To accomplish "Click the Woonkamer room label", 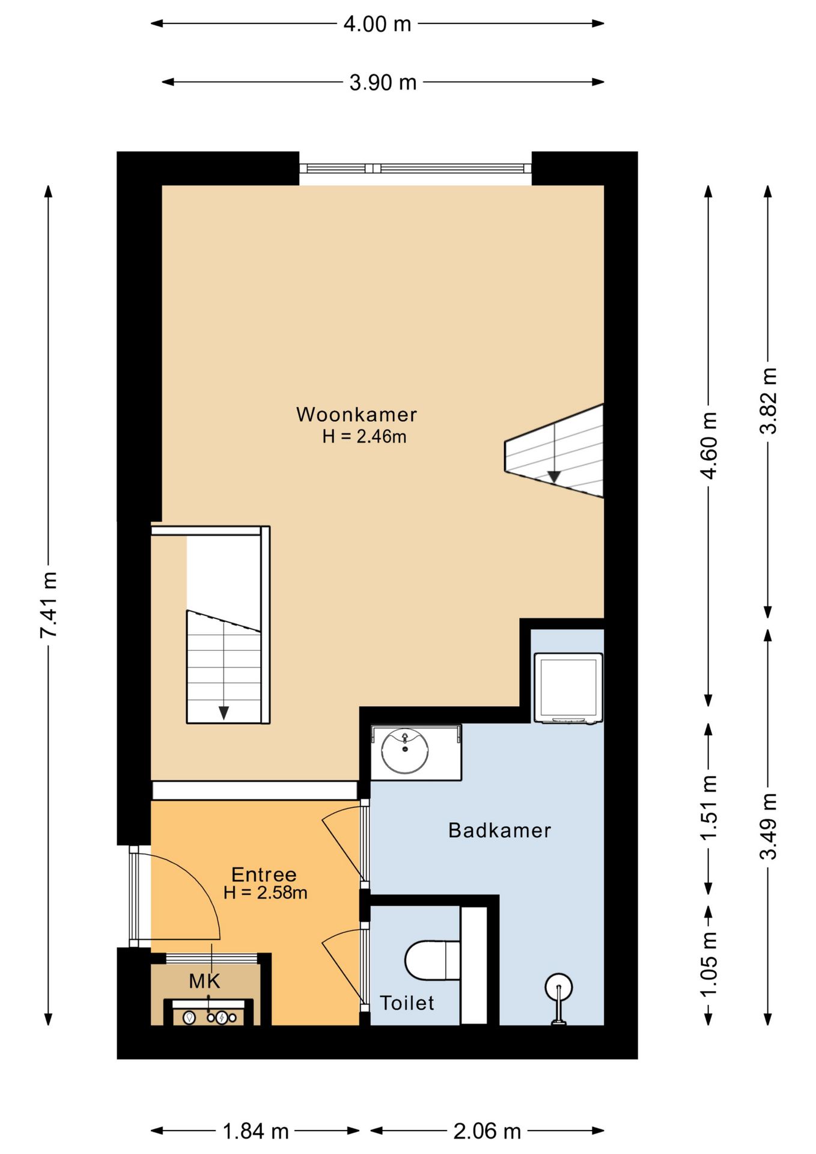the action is [x=356, y=414].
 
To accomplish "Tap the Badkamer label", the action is [x=499, y=830].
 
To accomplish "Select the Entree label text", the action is [x=264, y=874].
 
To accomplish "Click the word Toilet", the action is [x=407, y=1003].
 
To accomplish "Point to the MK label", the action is [x=204, y=981].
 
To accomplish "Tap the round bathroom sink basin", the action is [x=405, y=751].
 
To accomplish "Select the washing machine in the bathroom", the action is [x=568, y=688].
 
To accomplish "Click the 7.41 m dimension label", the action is [x=49, y=605].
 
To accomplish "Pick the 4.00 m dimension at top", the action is [x=377, y=24].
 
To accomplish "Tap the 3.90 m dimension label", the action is [x=383, y=82].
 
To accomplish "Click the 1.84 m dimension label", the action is [x=255, y=1131].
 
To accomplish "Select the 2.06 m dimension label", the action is [x=487, y=1131].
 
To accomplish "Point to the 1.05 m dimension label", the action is [x=709, y=964].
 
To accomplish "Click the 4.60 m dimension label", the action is [x=709, y=445].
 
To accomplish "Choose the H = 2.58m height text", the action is [x=265, y=893].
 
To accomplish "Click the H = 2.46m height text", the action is [x=364, y=436].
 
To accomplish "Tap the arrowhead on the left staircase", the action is [x=224, y=713].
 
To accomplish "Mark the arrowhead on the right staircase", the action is [x=554, y=477].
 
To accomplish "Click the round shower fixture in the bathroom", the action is [x=559, y=987].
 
